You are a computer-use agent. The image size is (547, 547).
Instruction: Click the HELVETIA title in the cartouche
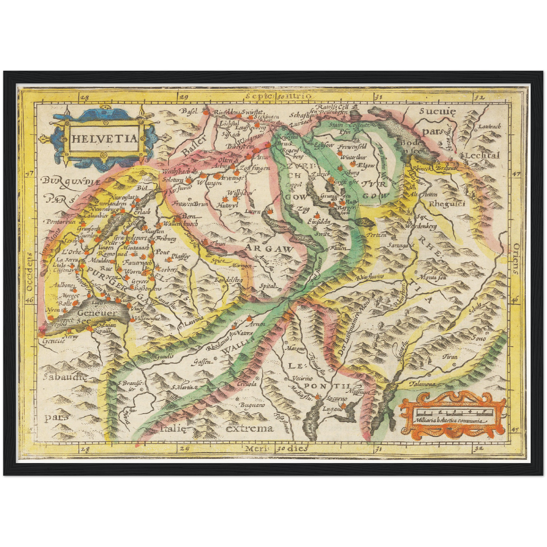pyautogui.click(x=104, y=139)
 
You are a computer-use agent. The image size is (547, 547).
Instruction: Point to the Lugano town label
pyautogui.click(x=332, y=409)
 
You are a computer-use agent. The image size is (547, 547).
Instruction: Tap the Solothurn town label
pyautogui.click(x=173, y=180)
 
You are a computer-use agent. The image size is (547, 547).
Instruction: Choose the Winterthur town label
pyautogui.click(x=353, y=157)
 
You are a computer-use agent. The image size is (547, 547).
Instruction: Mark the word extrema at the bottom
pyautogui.click(x=249, y=429)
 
